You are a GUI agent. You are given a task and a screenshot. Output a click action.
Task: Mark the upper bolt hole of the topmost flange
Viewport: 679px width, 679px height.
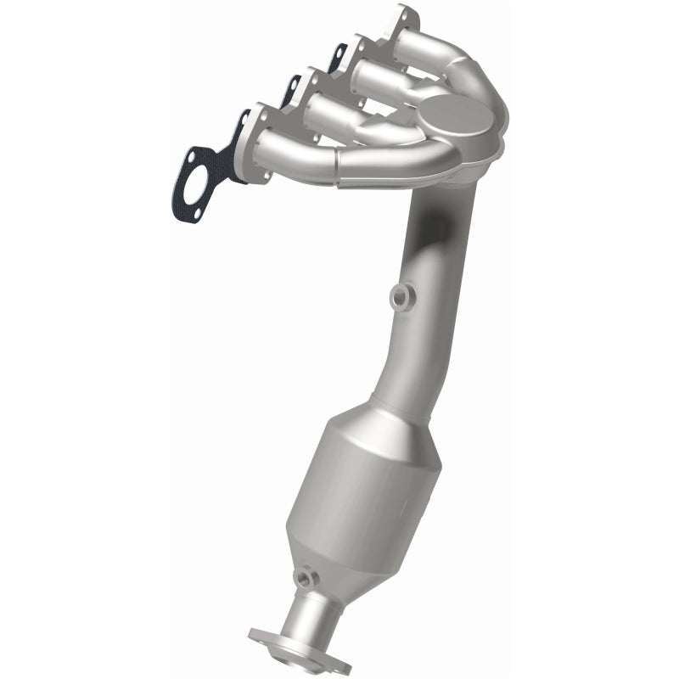[x=401, y=14]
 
